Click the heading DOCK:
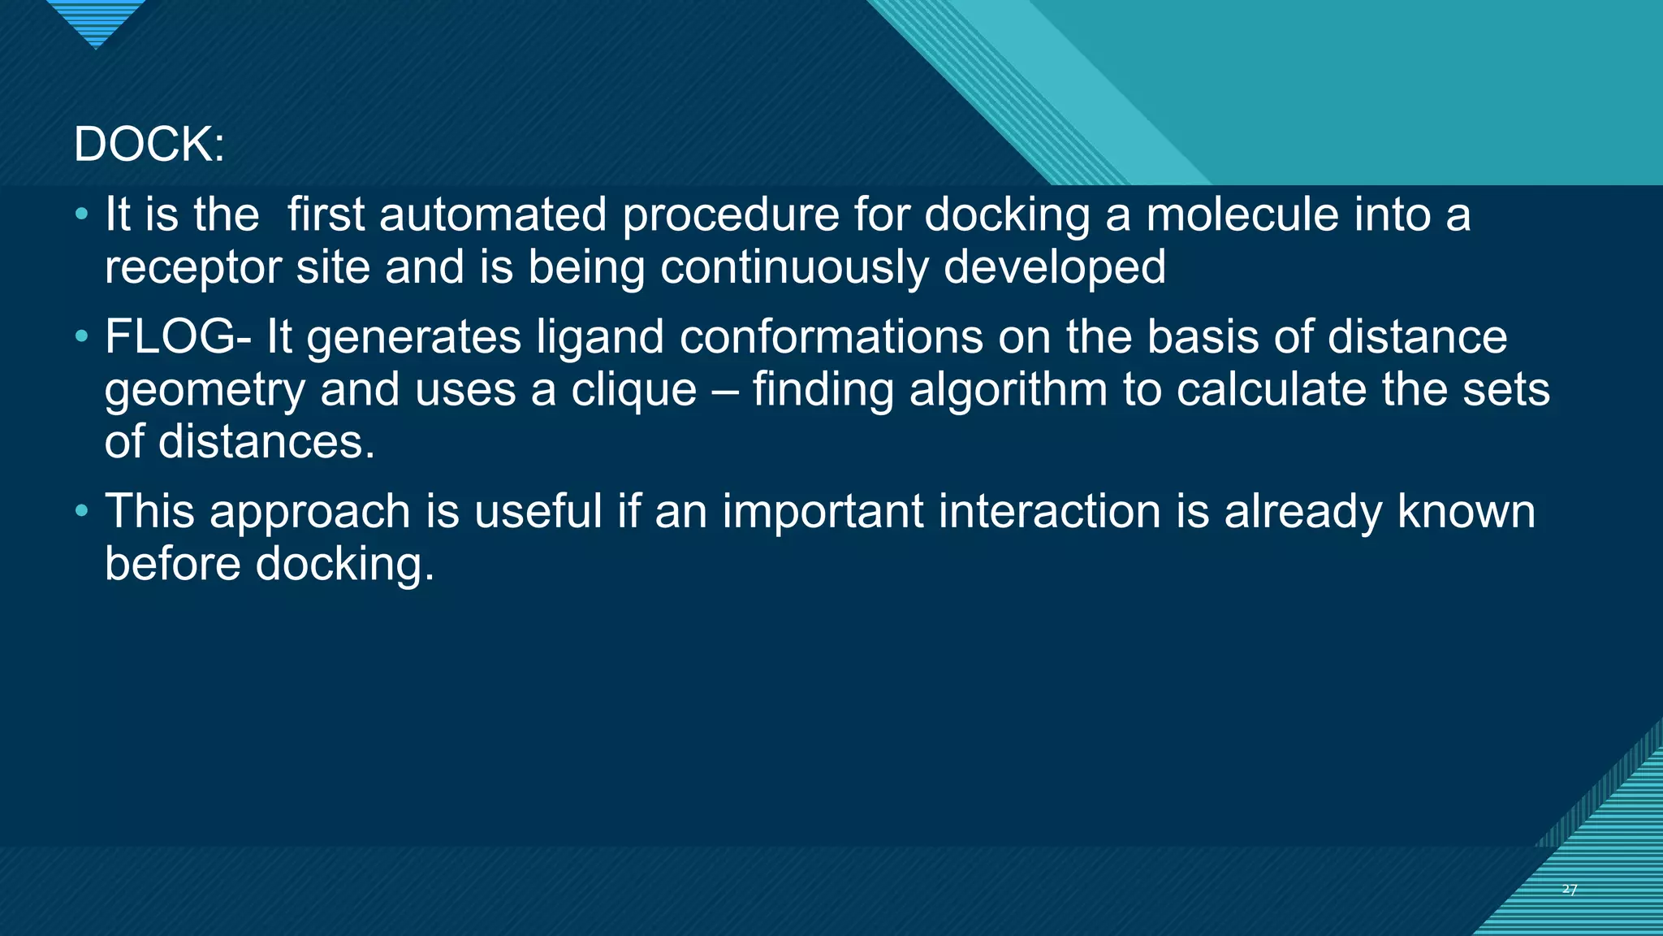click(x=149, y=145)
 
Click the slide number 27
click(x=1570, y=890)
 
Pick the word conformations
click(x=831, y=336)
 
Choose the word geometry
click(x=205, y=391)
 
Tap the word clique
click(x=633, y=390)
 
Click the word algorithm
click(x=1009, y=390)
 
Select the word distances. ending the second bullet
click(x=267, y=442)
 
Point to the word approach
click(x=310, y=513)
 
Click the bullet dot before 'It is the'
click(x=80, y=214)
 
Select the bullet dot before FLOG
click(x=80, y=336)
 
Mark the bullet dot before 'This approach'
click(x=80, y=511)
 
